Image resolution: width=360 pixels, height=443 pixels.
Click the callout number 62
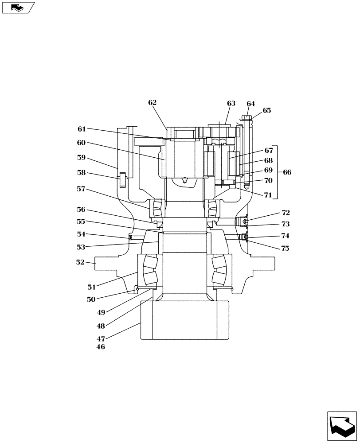pyautogui.click(x=153, y=102)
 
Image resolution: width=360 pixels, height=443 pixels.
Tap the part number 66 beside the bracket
pyautogui.click(x=287, y=172)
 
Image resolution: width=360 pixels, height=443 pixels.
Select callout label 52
pyautogui.click(x=80, y=262)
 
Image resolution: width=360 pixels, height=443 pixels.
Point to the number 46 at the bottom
pyautogui.click(x=101, y=347)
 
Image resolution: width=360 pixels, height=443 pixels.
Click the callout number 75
pyautogui.click(x=285, y=249)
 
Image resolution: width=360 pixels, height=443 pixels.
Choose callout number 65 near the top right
pyautogui.click(x=266, y=110)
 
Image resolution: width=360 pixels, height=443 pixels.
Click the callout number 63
pyautogui.click(x=231, y=103)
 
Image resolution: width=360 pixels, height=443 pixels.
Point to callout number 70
pyautogui.click(x=269, y=180)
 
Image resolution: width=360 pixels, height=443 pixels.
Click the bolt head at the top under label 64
pyautogui.click(x=247, y=118)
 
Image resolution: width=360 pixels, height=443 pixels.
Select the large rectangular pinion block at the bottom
pyautogui.click(x=185, y=320)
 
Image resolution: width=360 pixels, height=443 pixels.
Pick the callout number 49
pyautogui.click(x=101, y=312)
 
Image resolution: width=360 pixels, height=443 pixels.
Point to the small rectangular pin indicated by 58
pyautogui.click(x=122, y=180)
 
